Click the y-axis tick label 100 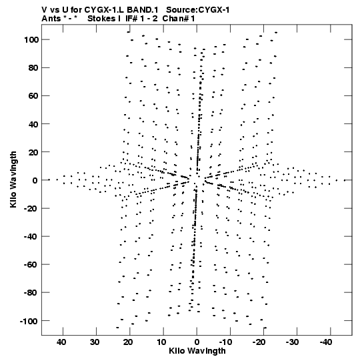31,40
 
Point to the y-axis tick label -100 29,321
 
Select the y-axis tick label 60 33,96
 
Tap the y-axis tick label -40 31,237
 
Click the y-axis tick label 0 35,180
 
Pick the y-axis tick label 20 33,152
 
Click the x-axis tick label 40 61,342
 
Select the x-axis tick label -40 326,342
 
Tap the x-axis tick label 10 161,342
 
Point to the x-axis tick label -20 259,342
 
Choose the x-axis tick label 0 197,342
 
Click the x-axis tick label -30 293,342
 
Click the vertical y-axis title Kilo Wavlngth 13,179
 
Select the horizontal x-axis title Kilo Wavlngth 197,351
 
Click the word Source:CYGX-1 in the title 197,10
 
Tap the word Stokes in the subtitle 101,19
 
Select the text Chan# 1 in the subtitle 179,19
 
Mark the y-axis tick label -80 31,293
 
